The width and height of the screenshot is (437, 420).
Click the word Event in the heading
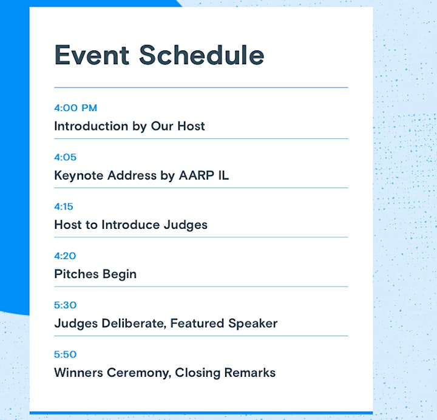(92, 55)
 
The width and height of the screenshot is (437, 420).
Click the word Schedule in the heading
(202, 55)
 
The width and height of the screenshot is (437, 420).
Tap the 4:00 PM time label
(75, 108)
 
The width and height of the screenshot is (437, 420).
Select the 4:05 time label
(65, 157)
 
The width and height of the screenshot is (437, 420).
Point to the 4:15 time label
(64, 206)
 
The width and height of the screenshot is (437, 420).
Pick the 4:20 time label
(65, 256)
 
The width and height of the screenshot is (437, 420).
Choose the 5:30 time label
(65, 305)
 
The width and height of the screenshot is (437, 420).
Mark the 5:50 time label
(65, 354)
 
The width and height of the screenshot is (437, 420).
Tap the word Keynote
(79, 175)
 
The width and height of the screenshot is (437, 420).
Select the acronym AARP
(197, 175)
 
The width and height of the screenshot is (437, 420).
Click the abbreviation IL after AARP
(223, 175)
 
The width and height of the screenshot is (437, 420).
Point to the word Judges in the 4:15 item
(186, 225)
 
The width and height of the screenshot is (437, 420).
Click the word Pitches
(76, 274)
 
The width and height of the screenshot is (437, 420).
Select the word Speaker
(252, 324)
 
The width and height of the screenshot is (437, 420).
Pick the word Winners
(78, 373)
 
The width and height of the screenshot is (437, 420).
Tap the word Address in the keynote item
(132, 175)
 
